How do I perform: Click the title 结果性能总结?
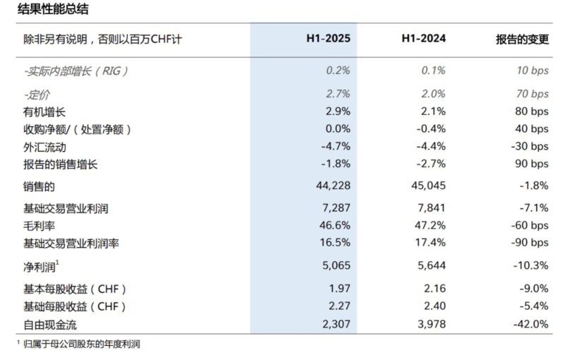click(x=53, y=10)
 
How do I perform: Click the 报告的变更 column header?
click(x=522, y=40)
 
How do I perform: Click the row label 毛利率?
click(x=40, y=225)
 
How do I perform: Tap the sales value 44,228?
click(x=331, y=186)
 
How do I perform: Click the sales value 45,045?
click(x=427, y=186)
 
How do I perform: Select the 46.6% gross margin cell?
click(x=334, y=225)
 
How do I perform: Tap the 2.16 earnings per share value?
click(x=434, y=289)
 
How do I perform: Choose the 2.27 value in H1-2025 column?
click(x=338, y=306)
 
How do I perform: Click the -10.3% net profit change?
click(x=530, y=267)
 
